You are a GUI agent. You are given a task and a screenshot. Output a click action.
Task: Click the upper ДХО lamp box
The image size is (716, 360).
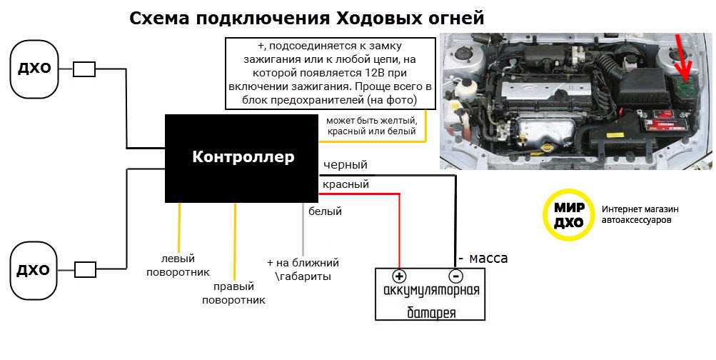33,69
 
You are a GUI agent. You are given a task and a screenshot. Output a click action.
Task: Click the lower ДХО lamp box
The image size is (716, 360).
33,269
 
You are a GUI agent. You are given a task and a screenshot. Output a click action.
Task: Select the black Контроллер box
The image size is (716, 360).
242,158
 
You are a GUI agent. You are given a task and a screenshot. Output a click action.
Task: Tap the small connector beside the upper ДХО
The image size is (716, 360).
85,69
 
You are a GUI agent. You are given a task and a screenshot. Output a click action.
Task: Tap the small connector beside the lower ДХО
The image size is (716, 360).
85,269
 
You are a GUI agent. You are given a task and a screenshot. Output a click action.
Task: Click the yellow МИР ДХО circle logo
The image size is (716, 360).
569,215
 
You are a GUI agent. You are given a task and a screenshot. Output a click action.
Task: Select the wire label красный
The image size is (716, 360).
346,184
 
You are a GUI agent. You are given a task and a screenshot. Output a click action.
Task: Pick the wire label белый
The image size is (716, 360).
325,211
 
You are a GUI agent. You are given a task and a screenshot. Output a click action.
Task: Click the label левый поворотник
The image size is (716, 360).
178,265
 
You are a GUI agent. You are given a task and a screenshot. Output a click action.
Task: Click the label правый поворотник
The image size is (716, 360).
234,294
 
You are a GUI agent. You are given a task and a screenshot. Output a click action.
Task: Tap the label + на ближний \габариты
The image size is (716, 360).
302,269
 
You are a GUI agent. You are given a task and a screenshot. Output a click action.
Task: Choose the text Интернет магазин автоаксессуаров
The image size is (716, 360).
640,215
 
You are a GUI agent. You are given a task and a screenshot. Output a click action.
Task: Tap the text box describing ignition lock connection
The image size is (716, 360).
329,74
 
